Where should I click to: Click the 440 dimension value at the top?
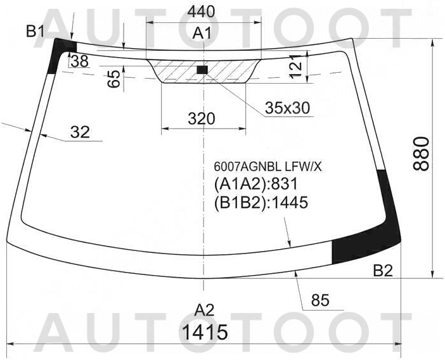pyautogui.click(x=201, y=12)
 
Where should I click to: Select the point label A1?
pyautogui.click(x=202, y=33)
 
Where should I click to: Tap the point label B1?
pyautogui.click(x=35, y=31)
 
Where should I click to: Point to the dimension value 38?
pyautogui.click(x=80, y=61)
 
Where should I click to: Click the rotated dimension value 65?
pyautogui.click(x=114, y=79)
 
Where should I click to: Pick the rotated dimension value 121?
pyautogui.click(x=295, y=67)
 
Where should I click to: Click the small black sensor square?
pyautogui.click(x=202, y=70)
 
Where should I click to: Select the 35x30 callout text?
pyautogui.click(x=287, y=108)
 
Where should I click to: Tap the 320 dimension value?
pyautogui.click(x=202, y=119)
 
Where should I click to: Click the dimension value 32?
pyautogui.click(x=80, y=132)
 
